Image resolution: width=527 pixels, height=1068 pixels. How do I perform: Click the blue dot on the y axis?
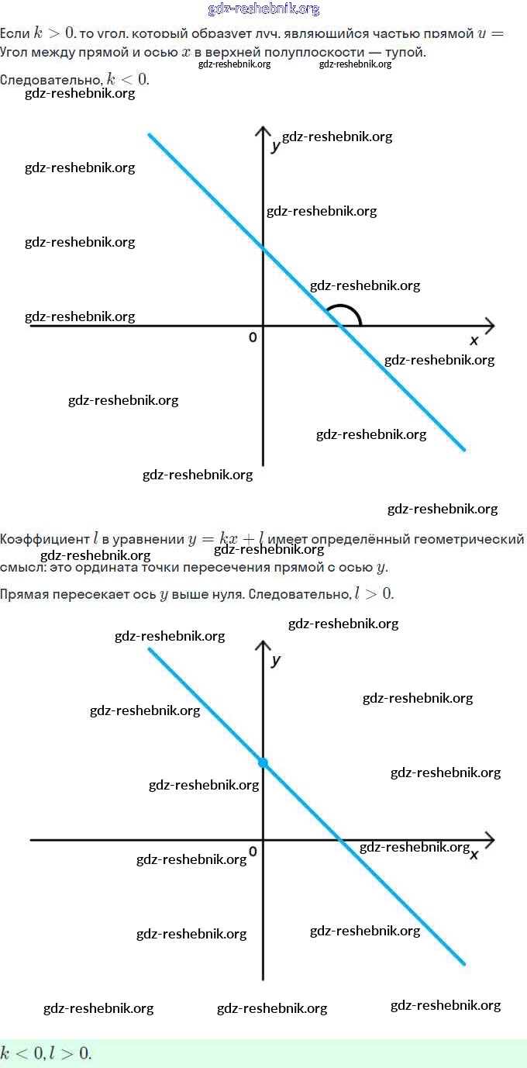(263, 763)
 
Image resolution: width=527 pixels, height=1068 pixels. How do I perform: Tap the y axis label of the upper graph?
(275, 146)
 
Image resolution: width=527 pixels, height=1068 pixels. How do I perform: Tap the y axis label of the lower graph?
(276, 661)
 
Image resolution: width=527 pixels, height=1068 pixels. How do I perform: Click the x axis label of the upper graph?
(474, 340)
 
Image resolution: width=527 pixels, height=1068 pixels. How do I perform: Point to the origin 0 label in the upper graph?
(253, 337)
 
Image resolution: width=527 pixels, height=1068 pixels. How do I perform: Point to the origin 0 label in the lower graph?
(253, 852)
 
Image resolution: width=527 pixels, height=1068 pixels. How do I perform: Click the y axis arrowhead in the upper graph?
(263, 131)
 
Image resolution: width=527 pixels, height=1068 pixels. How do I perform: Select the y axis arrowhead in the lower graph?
(263, 646)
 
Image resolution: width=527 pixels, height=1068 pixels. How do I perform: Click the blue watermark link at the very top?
(263, 9)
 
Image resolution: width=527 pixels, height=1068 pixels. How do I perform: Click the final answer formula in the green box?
(46, 1052)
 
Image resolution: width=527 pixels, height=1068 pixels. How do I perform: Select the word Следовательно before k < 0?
(50, 79)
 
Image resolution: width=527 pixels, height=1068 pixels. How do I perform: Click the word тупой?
(407, 52)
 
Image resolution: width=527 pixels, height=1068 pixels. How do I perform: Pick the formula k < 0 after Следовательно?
(127, 79)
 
